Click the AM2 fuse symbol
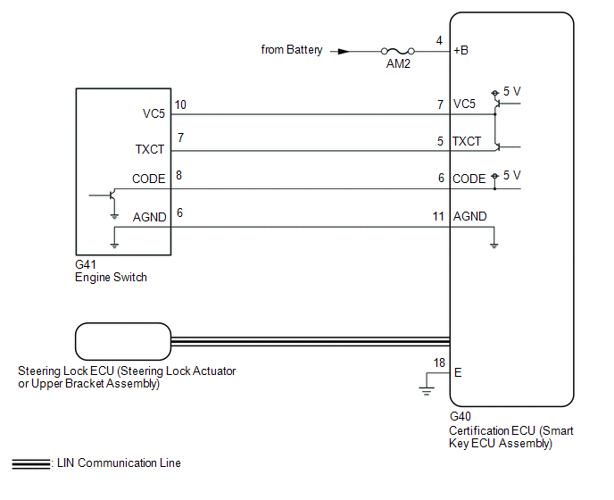(398, 51)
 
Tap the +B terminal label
(460, 51)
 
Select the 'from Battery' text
(292, 50)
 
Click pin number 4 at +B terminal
(439, 40)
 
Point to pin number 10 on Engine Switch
(180, 104)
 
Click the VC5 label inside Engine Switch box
(153, 113)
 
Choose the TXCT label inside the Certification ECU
(467, 141)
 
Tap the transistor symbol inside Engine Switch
(112, 195)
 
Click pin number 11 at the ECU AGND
(438, 216)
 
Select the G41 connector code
(86, 264)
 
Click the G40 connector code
(460, 416)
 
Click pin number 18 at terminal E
(439, 362)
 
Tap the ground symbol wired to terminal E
(427, 391)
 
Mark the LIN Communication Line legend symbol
(31, 463)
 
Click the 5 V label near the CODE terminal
(511, 175)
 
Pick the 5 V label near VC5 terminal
(511, 91)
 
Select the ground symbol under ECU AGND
(494, 246)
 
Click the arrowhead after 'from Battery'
(344, 51)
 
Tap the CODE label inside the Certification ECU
(469, 179)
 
